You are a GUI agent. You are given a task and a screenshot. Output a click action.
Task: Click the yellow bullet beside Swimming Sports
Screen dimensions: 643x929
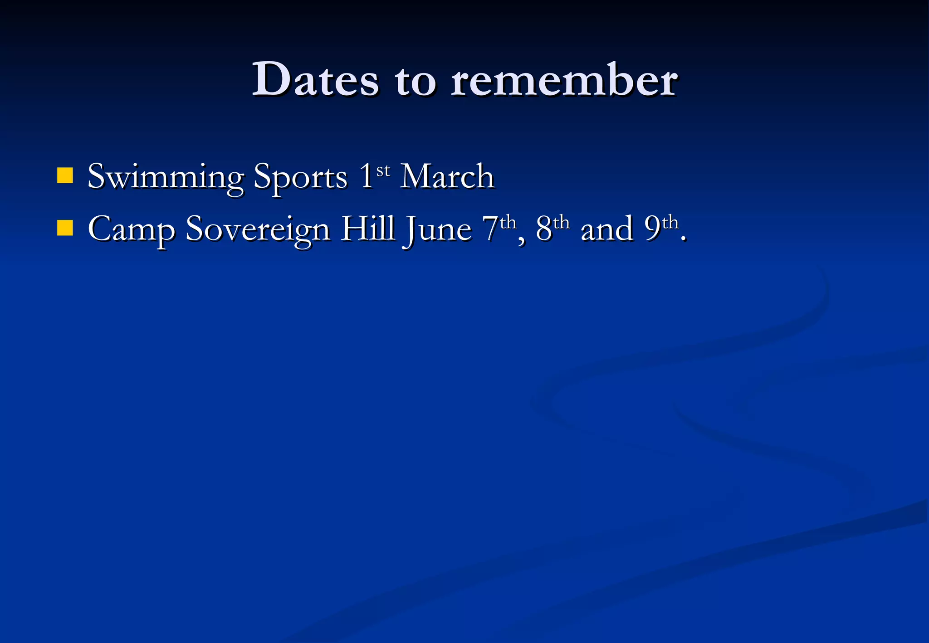coord(65,175)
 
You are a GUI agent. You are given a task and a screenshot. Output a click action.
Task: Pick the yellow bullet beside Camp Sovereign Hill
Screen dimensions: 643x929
coord(65,228)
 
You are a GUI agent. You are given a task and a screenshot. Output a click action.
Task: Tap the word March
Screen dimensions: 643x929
coord(447,176)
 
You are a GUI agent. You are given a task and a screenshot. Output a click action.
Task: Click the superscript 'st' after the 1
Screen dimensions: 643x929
coord(383,170)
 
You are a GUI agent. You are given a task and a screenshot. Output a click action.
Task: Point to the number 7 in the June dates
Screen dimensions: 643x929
coord(490,228)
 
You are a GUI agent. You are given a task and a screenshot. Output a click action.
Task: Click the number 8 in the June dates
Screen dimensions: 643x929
coord(544,228)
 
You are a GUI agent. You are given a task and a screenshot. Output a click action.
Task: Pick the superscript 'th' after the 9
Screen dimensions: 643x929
coord(670,223)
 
